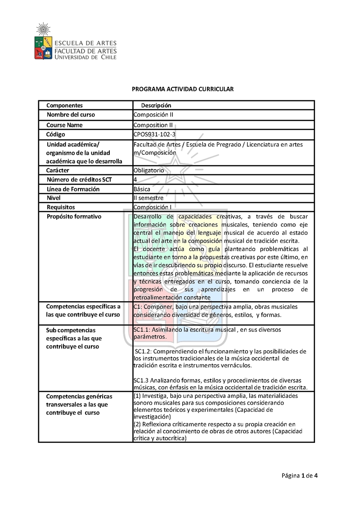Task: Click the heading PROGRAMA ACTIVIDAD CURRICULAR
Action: (x=183, y=89)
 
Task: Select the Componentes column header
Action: (x=64, y=106)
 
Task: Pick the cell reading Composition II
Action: (x=153, y=125)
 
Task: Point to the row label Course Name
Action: (x=64, y=125)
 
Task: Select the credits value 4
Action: (x=135, y=180)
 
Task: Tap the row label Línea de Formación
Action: (x=73, y=189)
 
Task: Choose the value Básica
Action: (x=142, y=189)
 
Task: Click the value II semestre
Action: (x=148, y=198)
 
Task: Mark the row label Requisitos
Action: (x=61, y=207)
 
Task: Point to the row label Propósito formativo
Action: (x=74, y=217)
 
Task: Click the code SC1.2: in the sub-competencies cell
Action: (x=145, y=351)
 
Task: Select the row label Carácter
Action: (x=58, y=170)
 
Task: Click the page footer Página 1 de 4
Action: (x=300, y=476)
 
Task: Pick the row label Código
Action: (x=56, y=134)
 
